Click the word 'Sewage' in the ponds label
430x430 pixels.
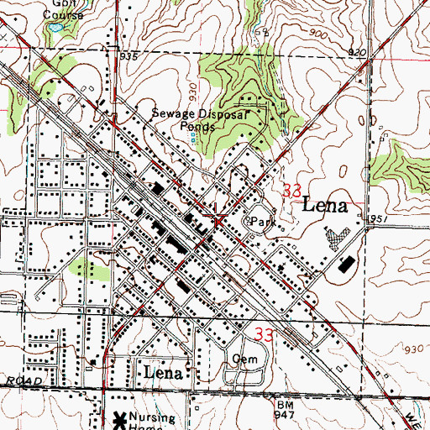coord(170,112)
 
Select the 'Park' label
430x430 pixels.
coord(264,221)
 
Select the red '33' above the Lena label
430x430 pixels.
coord(292,191)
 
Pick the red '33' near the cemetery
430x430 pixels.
coord(264,333)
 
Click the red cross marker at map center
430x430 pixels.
coord(218,222)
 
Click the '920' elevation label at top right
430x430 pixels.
coord(357,53)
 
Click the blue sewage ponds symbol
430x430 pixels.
coord(193,136)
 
